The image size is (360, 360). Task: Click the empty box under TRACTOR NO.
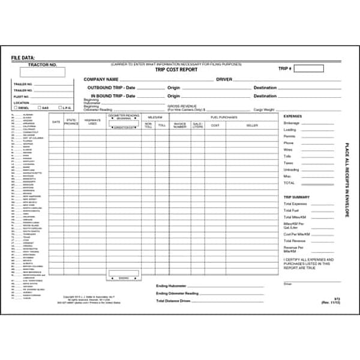(x=43, y=72)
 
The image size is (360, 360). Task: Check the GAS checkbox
(x=38, y=108)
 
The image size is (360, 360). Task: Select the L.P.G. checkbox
(x=60, y=108)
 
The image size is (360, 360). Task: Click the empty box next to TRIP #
(x=309, y=69)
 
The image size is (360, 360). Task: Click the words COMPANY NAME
(x=100, y=79)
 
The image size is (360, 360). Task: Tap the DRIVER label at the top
(x=224, y=79)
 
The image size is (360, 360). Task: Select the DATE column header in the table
(x=56, y=122)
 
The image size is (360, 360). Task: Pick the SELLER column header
(x=252, y=125)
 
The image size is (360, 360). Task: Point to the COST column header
(x=215, y=125)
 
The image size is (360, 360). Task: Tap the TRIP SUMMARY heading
(x=296, y=197)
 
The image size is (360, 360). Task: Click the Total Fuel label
(x=291, y=211)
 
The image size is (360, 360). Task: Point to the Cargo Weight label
(x=265, y=110)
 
